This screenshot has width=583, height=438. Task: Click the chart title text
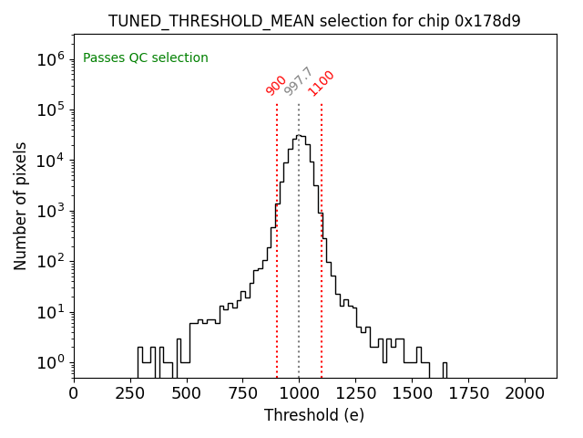pyautogui.click(x=314, y=21)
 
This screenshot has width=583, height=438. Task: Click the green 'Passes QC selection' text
pyautogui.click(x=146, y=57)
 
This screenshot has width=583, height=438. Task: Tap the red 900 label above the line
pyautogui.click(x=276, y=85)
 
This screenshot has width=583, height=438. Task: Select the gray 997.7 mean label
pyautogui.click(x=299, y=81)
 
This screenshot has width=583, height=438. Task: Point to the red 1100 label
pyautogui.click(x=321, y=83)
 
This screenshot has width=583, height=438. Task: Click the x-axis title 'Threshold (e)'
pyautogui.click(x=314, y=415)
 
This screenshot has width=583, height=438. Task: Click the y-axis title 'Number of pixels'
pyautogui.click(x=21, y=205)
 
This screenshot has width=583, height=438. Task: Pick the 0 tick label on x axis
pyautogui.click(x=74, y=392)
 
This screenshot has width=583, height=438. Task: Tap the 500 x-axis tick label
pyautogui.click(x=187, y=392)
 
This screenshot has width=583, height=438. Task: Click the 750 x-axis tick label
pyautogui.click(x=242, y=392)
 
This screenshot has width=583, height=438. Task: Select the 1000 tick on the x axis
pyautogui.click(x=299, y=392)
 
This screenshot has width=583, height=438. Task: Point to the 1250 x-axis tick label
pyautogui.click(x=355, y=392)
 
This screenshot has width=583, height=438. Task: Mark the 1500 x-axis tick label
pyautogui.click(x=412, y=392)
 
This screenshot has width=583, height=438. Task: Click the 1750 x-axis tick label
pyautogui.click(x=468, y=392)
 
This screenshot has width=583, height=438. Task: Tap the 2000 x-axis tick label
pyautogui.click(x=525, y=392)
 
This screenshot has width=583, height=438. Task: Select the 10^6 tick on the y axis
pyautogui.click(x=51, y=59)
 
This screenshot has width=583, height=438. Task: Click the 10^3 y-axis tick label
pyautogui.click(x=51, y=211)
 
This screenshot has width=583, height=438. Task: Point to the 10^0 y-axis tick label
pyautogui.click(x=51, y=362)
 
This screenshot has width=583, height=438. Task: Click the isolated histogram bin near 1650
pyautogui.click(x=445, y=369)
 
